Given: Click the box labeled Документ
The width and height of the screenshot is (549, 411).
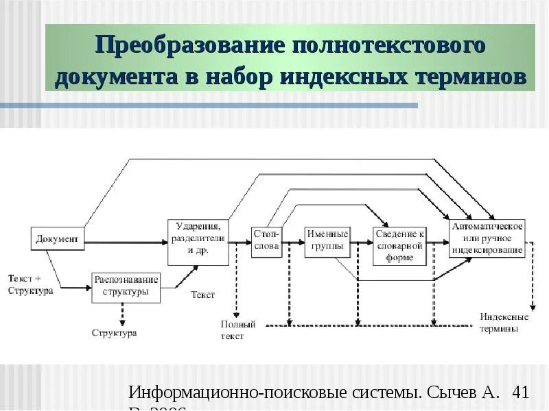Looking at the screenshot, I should (58, 239).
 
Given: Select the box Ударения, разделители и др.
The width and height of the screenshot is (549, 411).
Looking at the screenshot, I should (198, 242).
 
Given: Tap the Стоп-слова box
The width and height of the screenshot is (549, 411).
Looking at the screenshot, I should (266, 242).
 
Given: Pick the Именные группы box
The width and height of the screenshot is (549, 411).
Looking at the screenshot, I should (328, 242).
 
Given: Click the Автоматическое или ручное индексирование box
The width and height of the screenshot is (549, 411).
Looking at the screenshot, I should (487, 238).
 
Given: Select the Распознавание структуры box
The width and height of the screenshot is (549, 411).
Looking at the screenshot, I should (126, 287).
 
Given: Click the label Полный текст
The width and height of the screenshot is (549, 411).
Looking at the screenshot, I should (238, 330).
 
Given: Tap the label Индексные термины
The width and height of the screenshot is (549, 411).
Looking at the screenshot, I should (504, 322).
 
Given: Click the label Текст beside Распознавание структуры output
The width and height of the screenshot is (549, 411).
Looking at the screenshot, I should (203, 295).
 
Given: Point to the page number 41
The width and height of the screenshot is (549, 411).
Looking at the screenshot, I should (520, 393).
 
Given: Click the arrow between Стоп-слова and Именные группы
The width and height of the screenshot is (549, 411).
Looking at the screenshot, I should (293, 242).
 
